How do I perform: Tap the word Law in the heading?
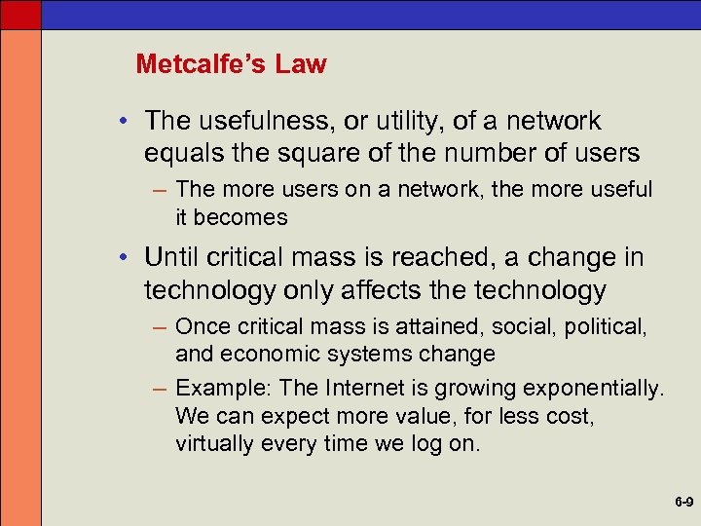tap(300, 64)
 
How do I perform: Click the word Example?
tap(224, 389)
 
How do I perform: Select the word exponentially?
tap(593, 389)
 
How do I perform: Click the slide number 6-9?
tap(682, 504)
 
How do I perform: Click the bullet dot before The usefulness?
tap(127, 122)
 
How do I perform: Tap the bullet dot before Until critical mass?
tap(127, 258)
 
